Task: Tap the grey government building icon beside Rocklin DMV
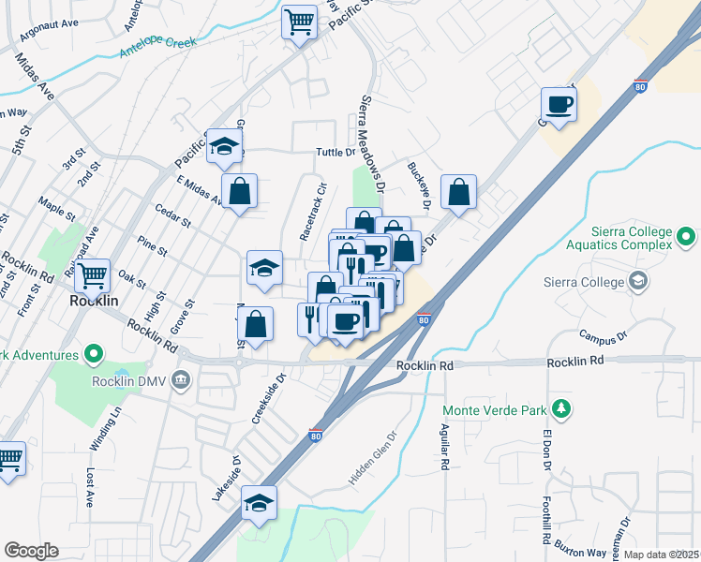pyautogui.click(x=181, y=380)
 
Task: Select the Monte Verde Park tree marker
pyautogui.click(x=561, y=408)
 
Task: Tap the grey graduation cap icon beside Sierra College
pyautogui.click(x=638, y=281)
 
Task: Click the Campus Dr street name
pyautogui.click(x=601, y=335)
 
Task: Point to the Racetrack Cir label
pyautogui.click(x=312, y=212)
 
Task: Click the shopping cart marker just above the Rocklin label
pyautogui.click(x=93, y=275)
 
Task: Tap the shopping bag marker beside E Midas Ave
pyautogui.click(x=240, y=191)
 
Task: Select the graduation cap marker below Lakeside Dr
pyautogui.click(x=259, y=502)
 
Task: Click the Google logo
pyautogui.click(x=31, y=551)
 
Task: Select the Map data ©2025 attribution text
pyautogui.click(x=662, y=555)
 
